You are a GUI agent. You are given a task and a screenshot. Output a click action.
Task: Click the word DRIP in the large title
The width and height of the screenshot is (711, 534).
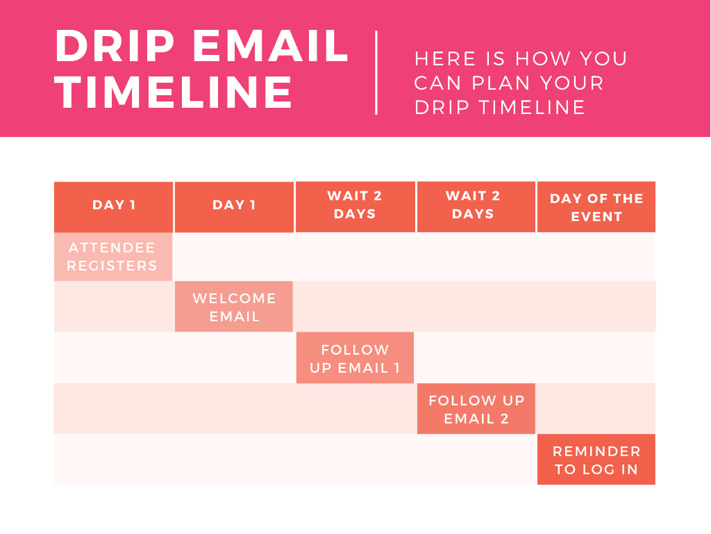[x=114, y=47]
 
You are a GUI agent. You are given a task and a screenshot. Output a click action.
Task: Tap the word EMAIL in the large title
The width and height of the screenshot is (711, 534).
[x=271, y=47]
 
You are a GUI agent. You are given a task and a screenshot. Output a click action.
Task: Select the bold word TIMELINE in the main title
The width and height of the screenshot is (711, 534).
[x=174, y=93]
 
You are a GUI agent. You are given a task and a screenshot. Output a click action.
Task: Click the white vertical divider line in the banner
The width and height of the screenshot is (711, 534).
[x=376, y=72]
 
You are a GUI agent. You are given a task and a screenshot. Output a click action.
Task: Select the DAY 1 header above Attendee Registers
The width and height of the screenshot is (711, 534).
[x=114, y=205]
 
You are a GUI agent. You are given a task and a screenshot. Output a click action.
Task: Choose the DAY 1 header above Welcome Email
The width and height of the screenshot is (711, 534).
[x=234, y=205]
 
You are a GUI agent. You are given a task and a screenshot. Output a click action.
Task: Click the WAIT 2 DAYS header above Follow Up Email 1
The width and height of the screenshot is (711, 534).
[x=355, y=205]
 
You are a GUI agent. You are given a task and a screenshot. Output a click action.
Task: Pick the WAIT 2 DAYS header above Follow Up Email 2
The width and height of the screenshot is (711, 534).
[x=476, y=205]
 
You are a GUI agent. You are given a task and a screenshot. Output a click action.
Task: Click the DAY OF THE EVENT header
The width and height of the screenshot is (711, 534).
[x=596, y=207]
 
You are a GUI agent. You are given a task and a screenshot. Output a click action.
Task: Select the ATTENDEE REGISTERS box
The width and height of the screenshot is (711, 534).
[x=112, y=257]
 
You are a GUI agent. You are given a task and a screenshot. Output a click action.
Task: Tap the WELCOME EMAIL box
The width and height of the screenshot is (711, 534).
[x=234, y=307]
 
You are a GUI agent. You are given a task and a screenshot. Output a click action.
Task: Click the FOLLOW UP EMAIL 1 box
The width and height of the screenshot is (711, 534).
[x=355, y=358]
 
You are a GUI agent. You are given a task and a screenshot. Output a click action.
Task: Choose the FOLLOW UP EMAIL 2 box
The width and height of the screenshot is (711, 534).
[x=476, y=409]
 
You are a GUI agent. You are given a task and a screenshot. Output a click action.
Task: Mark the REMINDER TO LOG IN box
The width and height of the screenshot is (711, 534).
[x=596, y=460]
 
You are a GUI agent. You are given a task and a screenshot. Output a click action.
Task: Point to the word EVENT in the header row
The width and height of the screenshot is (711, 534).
[x=596, y=217]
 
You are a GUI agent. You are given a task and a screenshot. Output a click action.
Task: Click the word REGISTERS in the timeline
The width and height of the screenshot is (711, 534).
[x=112, y=266]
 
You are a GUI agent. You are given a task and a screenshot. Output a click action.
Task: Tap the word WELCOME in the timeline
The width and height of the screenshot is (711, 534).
[x=234, y=298]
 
